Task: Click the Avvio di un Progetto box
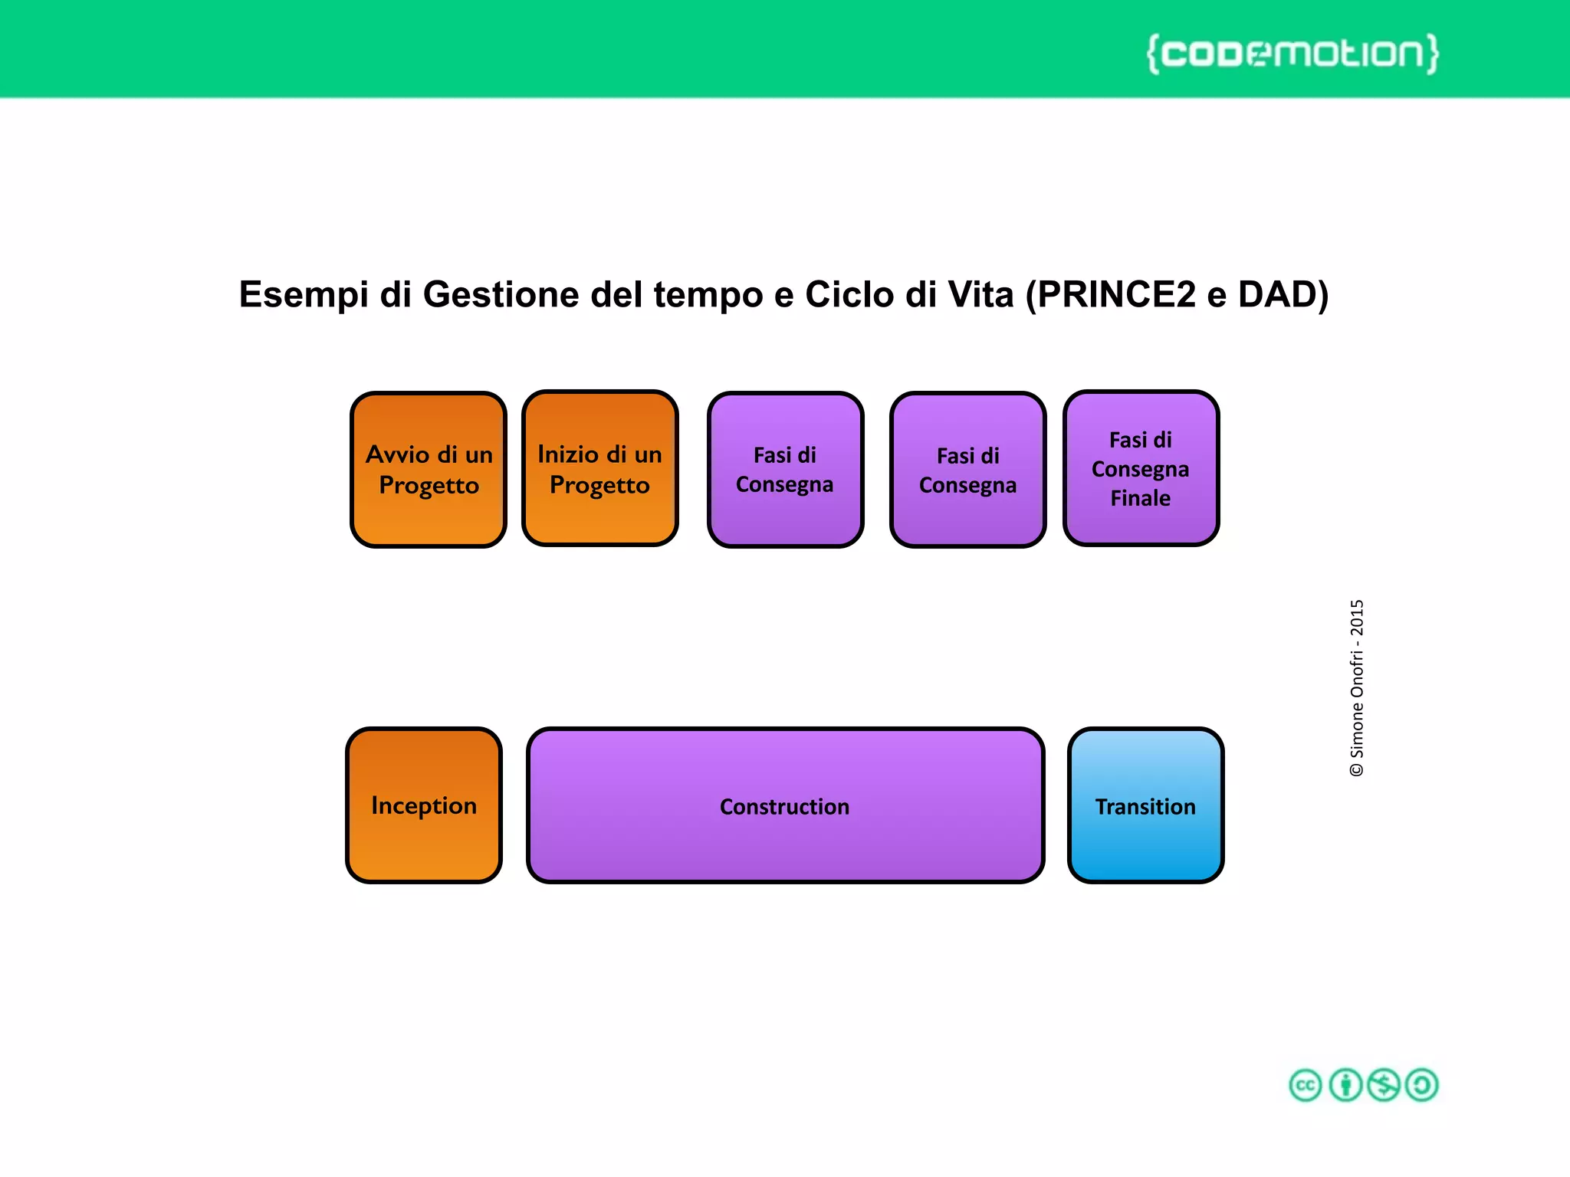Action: [x=429, y=470]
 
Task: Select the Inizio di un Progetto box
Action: [x=599, y=468]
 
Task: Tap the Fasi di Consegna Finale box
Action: [x=1141, y=468]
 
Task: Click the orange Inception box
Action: [x=424, y=805]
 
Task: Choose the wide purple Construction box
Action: [x=785, y=805]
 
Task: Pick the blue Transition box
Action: [x=1145, y=805]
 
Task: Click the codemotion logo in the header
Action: [x=1292, y=54]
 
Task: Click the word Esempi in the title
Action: [x=304, y=295]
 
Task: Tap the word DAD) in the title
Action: [x=1283, y=295]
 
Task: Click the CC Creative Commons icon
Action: [x=1306, y=1085]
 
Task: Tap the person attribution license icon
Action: [x=1345, y=1085]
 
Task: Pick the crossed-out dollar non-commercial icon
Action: [x=1384, y=1085]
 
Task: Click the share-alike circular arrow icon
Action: [x=1422, y=1085]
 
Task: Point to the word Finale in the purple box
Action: [x=1141, y=499]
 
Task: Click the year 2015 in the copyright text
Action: [x=1357, y=618]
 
